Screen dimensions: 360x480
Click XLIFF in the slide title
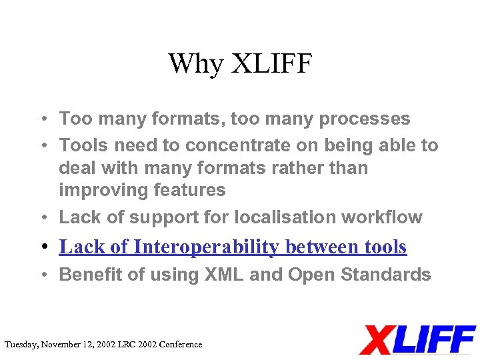click(x=271, y=64)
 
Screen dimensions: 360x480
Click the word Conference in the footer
click(x=179, y=345)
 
